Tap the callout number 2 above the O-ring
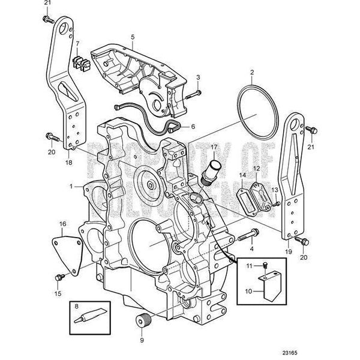pos(252,73)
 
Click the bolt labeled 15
pos(59,278)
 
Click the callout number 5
pos(131,36)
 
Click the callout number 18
pos(68,163)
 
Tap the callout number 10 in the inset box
pos(247,293)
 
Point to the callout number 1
pos(71,187)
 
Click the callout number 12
pos(256,169)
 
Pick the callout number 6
pos(193,127)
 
